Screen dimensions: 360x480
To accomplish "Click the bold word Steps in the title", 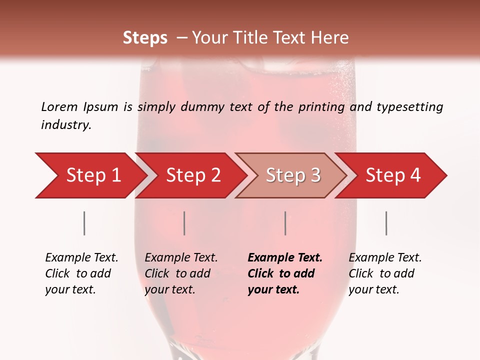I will [x=145, y=38].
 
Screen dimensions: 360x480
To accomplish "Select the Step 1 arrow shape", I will [x=90, y=175].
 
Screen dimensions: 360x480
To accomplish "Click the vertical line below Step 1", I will [x=84, y=223].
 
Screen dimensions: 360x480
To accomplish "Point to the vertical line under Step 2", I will [x=184, y=223].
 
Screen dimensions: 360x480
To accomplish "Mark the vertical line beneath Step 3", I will [x=285, y=223].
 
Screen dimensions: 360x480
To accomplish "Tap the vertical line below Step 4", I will [x=386, y=223].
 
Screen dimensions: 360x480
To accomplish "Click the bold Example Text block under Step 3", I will [x=285, y=273].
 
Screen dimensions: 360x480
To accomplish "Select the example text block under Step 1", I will [x=81, y=273].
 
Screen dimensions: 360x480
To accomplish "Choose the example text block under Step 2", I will [x=181, y=273].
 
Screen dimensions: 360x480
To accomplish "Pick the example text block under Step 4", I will [x=385, y=273].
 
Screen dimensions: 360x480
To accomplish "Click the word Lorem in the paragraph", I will [x=59, y=107].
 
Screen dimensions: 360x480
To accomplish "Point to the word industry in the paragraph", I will [x=65, y=125].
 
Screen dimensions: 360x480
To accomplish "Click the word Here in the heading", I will [x=330, y=38].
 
